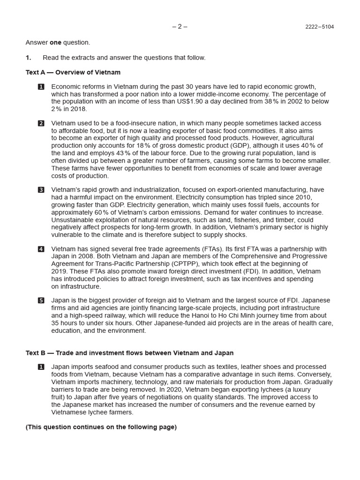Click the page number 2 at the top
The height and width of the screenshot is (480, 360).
tap(180, 26)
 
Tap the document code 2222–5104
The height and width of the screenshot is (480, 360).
tap(319, 27)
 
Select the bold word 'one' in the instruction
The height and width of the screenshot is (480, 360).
tap(55, 43)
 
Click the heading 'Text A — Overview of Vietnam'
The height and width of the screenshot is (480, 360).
tap(73, 73)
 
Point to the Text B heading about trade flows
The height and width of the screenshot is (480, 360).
tap(129, 353)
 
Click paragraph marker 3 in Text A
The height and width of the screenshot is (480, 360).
tap(41, 190)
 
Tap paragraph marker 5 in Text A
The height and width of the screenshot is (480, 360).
tap(41, 300)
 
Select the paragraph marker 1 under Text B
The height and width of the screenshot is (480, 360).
tap(41, 367)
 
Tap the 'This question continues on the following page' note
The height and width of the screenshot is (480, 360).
tap(101, 427)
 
